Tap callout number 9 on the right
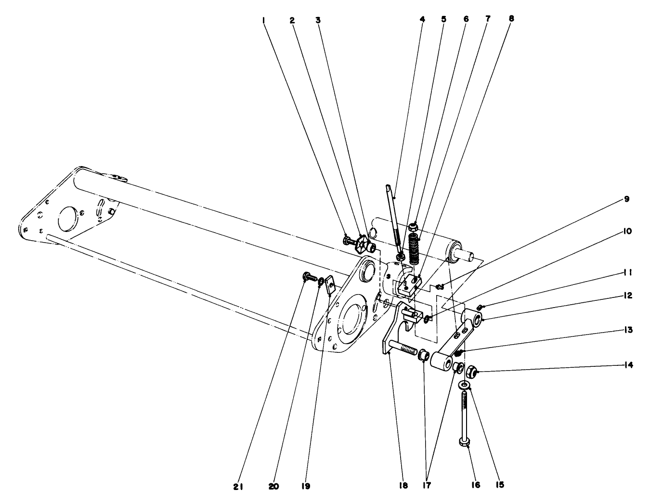pyautogui.click(x=626, y=199)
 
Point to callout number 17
pyautogui.click(x=426, y=485)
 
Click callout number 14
pyautogui.click(x=629, y=365)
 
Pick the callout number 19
pyautogui.click(x=305, y=487)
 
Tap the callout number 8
pyautogui.click(x=511, y=19)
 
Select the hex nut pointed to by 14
pyautogui.click(x=472, y=371)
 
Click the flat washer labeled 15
pyautogui.click(x=465, y=385)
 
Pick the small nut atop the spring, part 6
pyautogui.click(x=413, y=227)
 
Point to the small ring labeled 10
pyautogui.click(x=427, y=318)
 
